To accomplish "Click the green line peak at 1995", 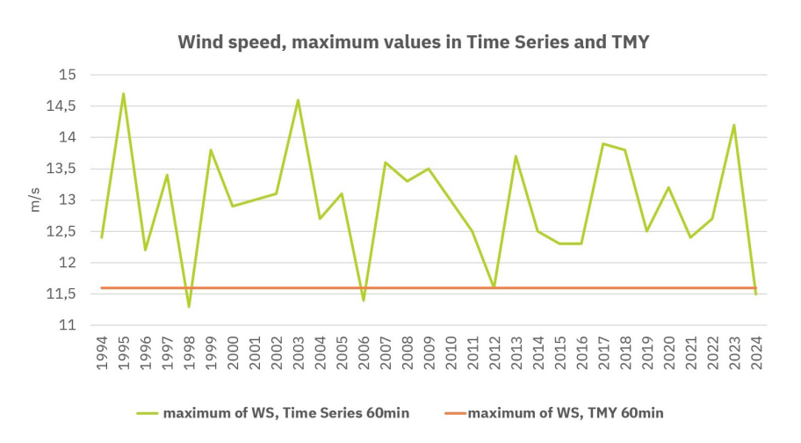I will (124, 94).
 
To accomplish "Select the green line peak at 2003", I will (298, 100).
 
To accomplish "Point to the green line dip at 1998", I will (189, 306).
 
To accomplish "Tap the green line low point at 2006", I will (364, 300).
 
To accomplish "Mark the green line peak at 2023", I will (734, 125).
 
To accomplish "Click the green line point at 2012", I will (494, 287).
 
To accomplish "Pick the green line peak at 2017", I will (603, 143).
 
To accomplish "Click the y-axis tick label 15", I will (69, 76).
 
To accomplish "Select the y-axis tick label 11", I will (69, 325).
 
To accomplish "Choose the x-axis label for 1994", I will (102, 352).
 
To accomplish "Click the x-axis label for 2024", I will (756, 352).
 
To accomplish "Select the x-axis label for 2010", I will (451, 352).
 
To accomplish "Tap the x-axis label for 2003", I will (298, 352).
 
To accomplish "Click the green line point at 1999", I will (211, 150).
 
